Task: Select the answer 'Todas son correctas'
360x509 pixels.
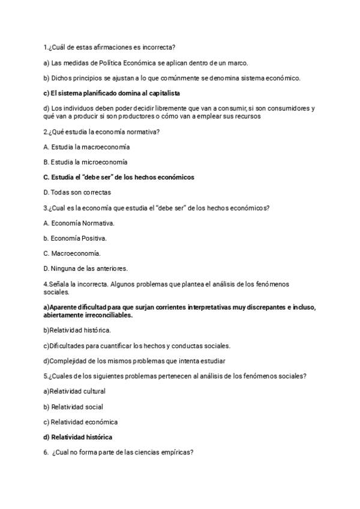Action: [x=77, y=193]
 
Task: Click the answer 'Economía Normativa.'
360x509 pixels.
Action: [x=79, y=223]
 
